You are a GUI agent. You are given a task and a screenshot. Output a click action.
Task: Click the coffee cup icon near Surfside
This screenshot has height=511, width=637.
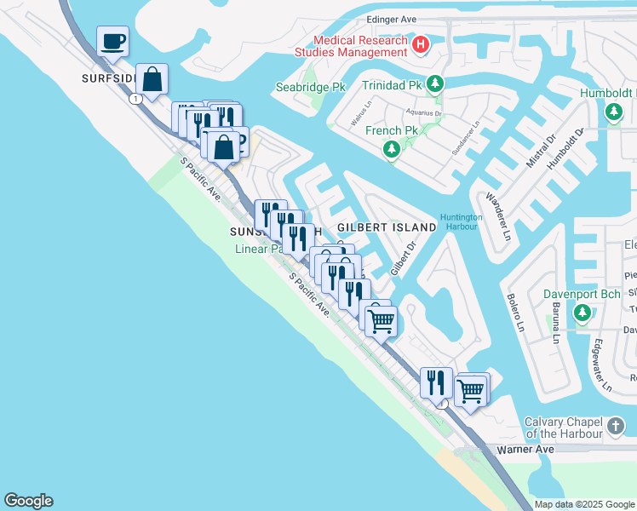click(112, 40)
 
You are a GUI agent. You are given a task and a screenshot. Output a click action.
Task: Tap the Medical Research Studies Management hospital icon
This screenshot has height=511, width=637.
click(420, 44)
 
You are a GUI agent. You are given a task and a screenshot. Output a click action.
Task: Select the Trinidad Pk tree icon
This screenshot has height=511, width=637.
click(435, 84)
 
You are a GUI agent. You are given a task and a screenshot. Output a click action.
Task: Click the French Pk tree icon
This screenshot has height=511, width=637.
click(392, 150)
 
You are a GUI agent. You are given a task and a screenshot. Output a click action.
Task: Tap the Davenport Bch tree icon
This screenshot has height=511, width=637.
click(582, 313)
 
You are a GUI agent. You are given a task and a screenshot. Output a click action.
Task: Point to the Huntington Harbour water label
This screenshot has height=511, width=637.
click(462, 222)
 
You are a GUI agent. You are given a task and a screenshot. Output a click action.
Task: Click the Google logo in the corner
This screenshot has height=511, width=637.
click(28, 501)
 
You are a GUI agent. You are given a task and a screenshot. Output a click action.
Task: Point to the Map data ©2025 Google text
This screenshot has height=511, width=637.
click(585, 504)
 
